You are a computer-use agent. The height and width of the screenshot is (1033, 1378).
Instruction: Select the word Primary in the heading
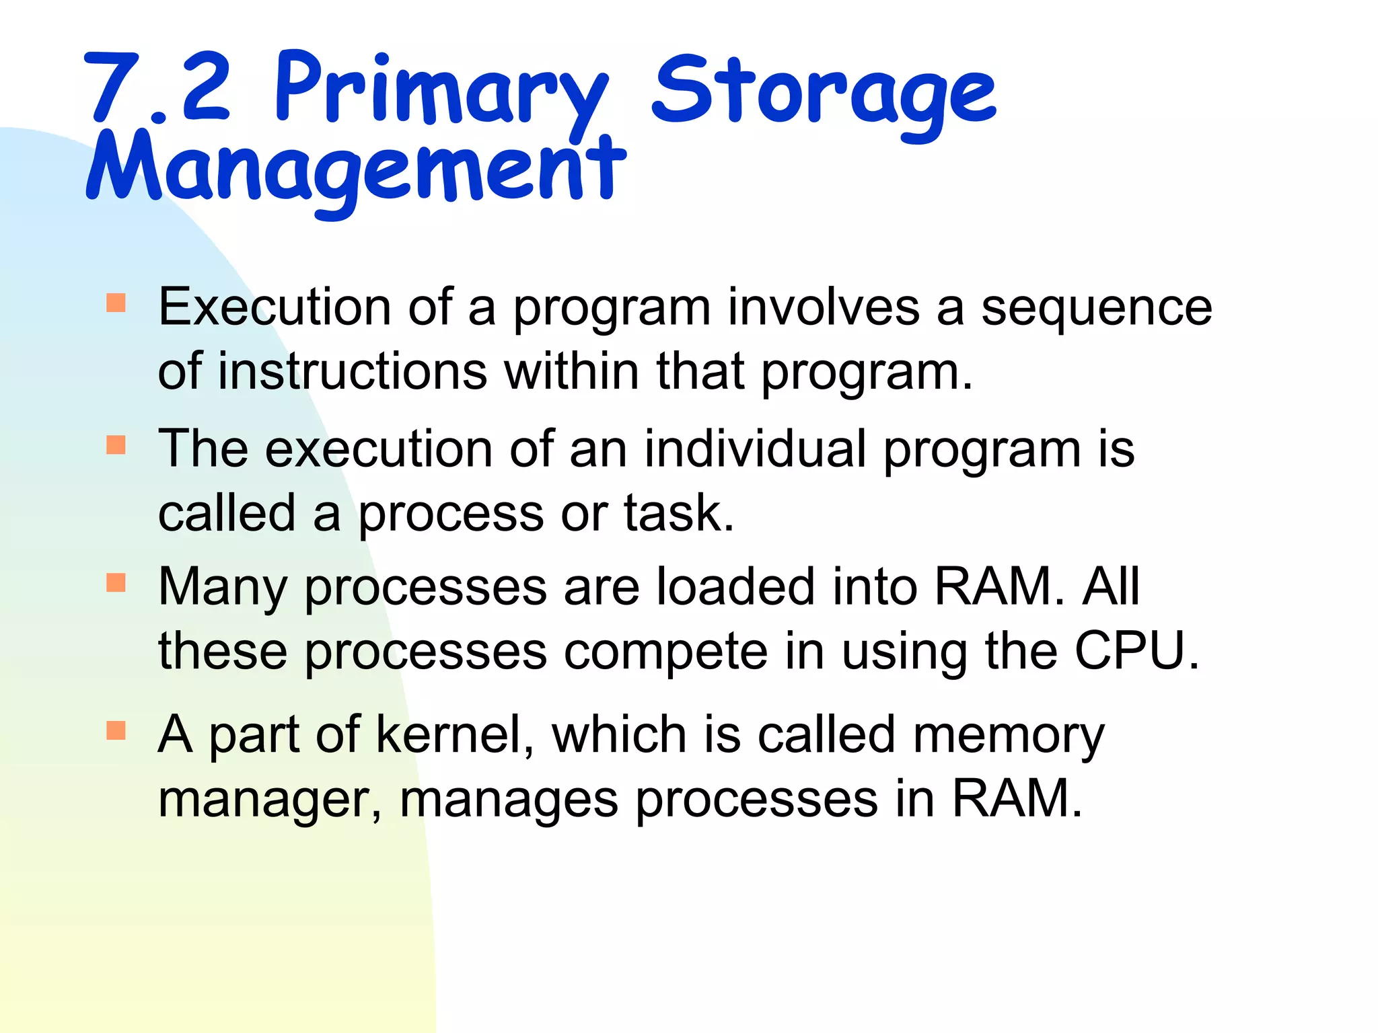point(441,91)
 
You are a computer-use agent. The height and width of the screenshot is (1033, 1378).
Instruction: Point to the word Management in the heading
point(357,168)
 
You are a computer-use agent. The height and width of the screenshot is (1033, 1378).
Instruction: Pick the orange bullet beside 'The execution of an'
point(116,445)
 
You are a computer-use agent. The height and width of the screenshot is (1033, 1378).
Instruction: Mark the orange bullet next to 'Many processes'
point(116,582)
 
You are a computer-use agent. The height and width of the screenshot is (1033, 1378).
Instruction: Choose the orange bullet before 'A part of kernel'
point(116,730)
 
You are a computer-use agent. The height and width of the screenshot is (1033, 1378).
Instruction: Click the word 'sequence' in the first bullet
point(1097,308)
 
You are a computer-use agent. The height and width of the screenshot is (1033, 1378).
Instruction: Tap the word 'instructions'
point(352,371)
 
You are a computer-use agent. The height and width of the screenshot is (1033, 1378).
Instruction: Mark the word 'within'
point(573,371)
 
